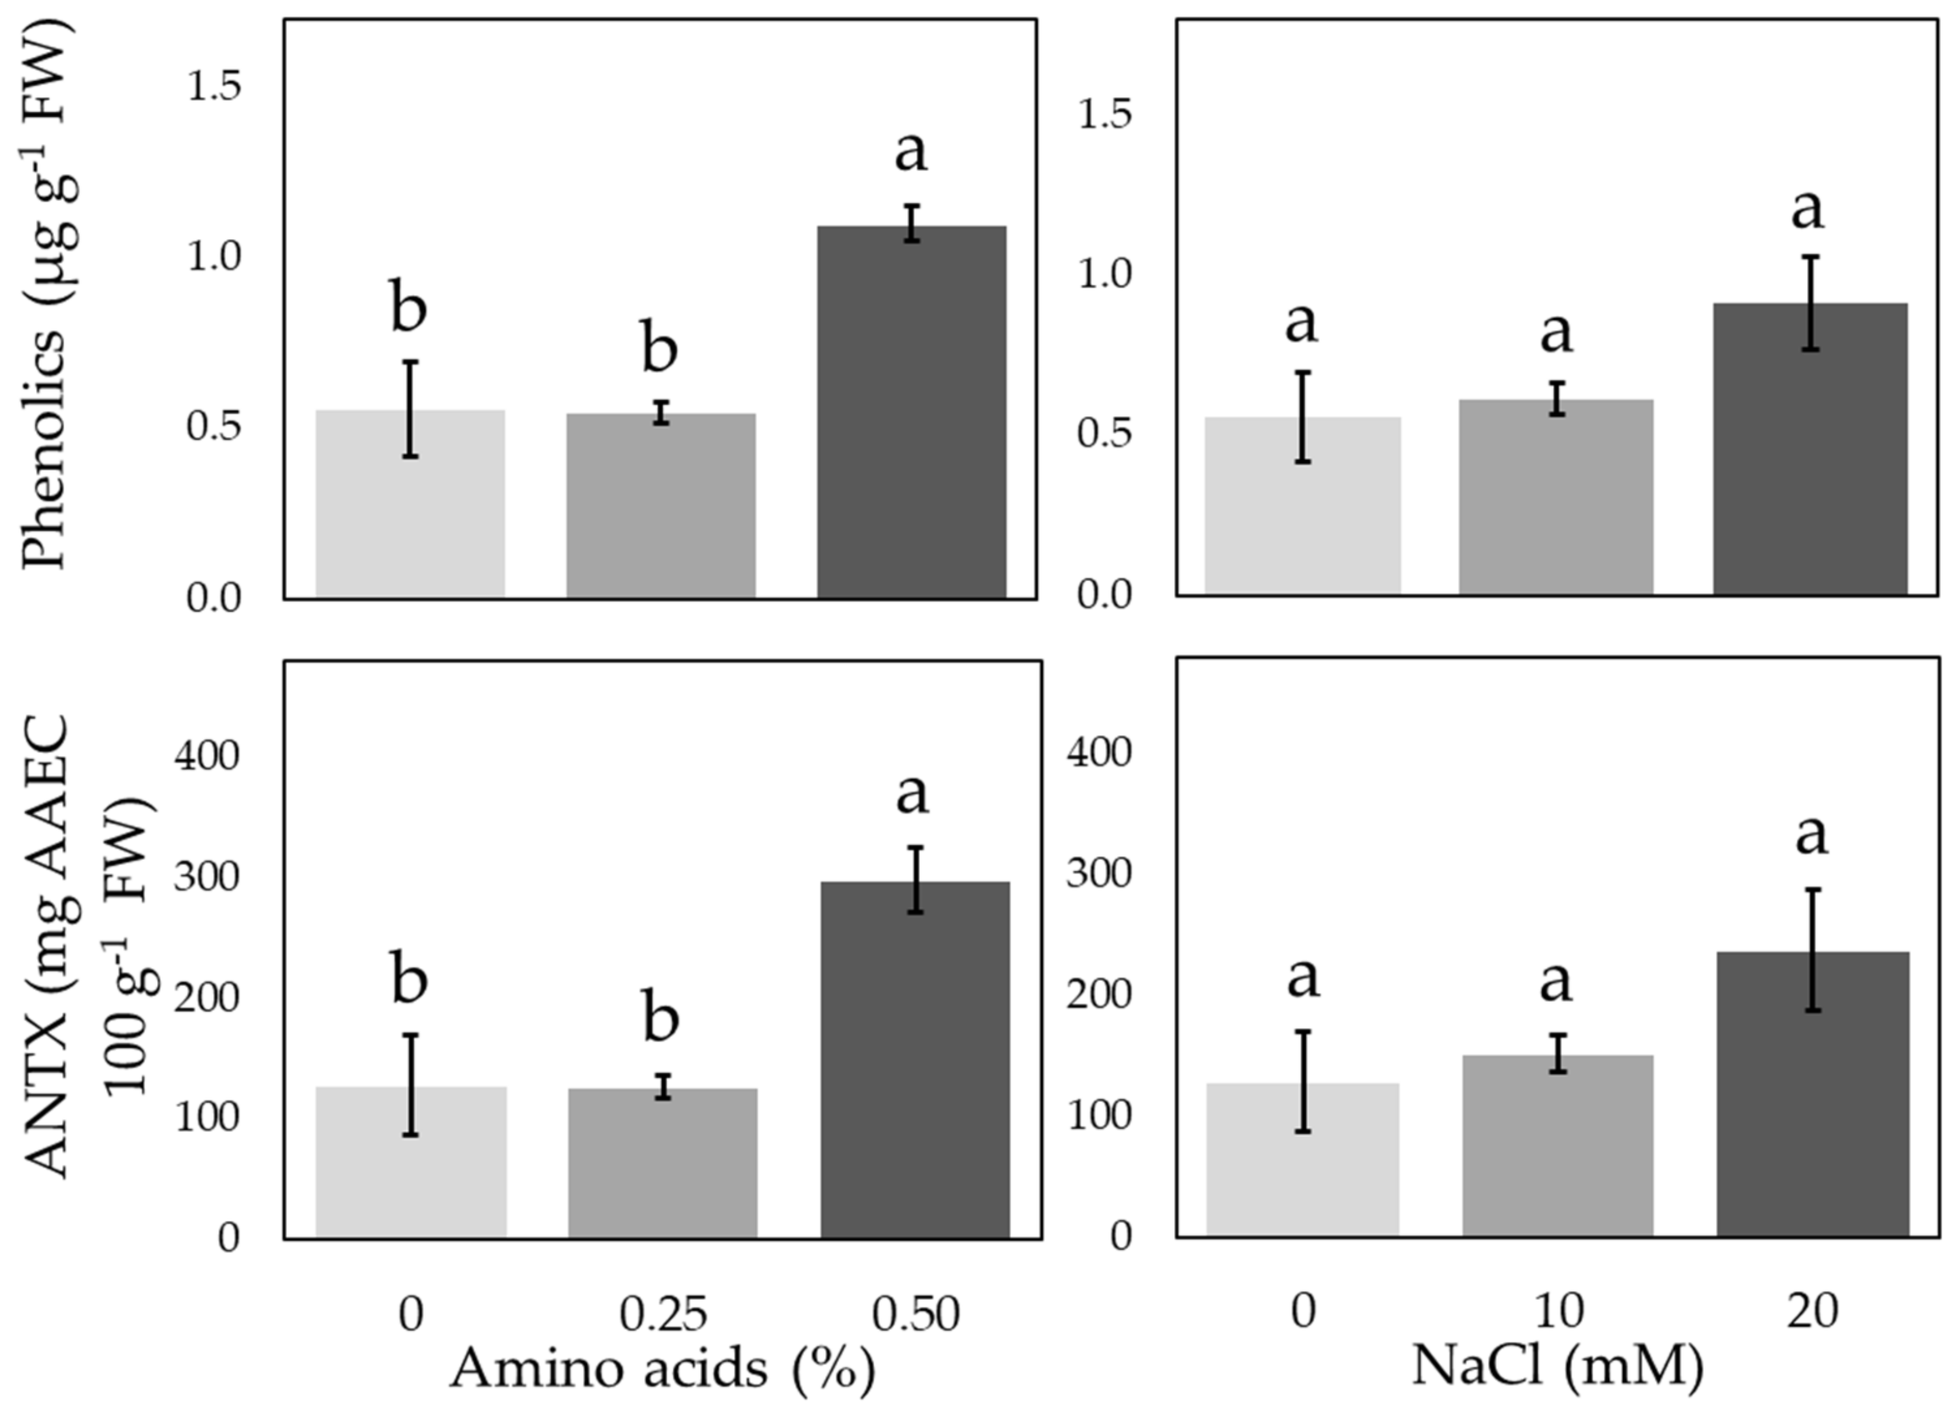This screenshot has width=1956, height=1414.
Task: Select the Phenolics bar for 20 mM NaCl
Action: pos(1810,449)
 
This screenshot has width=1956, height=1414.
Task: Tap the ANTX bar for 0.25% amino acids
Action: pos(662,1163)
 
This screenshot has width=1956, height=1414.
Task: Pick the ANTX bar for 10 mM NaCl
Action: pos(1558,1146)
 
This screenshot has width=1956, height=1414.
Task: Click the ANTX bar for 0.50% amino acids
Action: pos(914,1060)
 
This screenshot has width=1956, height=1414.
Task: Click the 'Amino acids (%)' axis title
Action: pos(662,1368)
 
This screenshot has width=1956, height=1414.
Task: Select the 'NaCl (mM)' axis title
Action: pos(1558,1366)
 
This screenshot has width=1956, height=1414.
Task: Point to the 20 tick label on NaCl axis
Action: pos(1811,1310)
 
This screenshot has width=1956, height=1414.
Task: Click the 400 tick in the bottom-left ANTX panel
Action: pos(206,756)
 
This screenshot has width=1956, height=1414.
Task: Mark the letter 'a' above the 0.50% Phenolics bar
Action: pos(912,152)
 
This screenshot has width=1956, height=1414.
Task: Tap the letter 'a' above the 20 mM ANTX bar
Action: pos(1811,834)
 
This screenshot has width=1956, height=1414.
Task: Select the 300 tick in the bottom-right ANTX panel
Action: pos(1098,874)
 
